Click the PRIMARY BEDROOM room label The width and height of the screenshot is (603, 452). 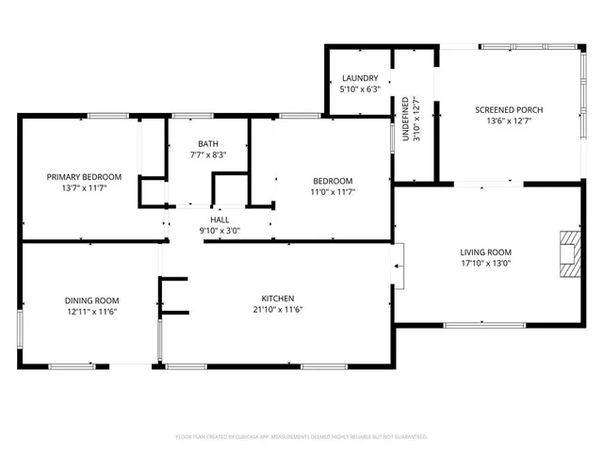click(x=85, y=177)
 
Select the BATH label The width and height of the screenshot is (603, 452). click(x=207, y=144)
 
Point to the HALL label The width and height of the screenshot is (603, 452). click(x=220, y=219)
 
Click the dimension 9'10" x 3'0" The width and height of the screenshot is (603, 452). click(x=220, y=231)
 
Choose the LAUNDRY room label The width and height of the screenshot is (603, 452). click(x=360, y=78)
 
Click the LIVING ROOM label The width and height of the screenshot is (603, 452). click(x=485, y=251)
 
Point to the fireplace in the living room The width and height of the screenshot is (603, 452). click(x=568, y=252)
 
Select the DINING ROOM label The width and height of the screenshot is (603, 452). click(x=91, y=299)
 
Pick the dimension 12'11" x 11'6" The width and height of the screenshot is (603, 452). click(x=91, y=312)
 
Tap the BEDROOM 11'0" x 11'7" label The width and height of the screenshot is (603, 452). click(x=333, y=181)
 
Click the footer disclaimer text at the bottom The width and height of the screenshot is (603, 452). click(x=301, y=437)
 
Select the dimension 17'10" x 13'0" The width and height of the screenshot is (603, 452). click(x=485, y=264)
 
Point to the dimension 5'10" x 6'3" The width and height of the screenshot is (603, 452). click(x=360, y=89)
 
